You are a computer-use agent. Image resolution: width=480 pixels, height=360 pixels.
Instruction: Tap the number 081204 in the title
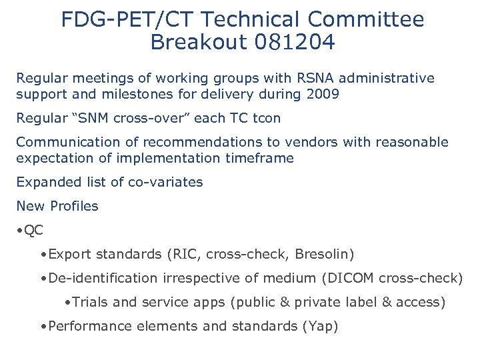click(x=295, y=43)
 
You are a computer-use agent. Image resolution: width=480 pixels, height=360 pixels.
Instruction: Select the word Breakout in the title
click(x=199, y=43)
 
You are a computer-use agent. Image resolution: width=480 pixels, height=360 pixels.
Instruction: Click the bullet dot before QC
click(x=21, y=231)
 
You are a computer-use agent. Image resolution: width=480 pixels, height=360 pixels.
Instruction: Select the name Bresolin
click(x=323, y=254)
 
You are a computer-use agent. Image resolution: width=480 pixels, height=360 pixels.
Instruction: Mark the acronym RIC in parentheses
click(x=187, y=254)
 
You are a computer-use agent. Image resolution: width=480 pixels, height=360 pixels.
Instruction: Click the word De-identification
click(x=97, y=278)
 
